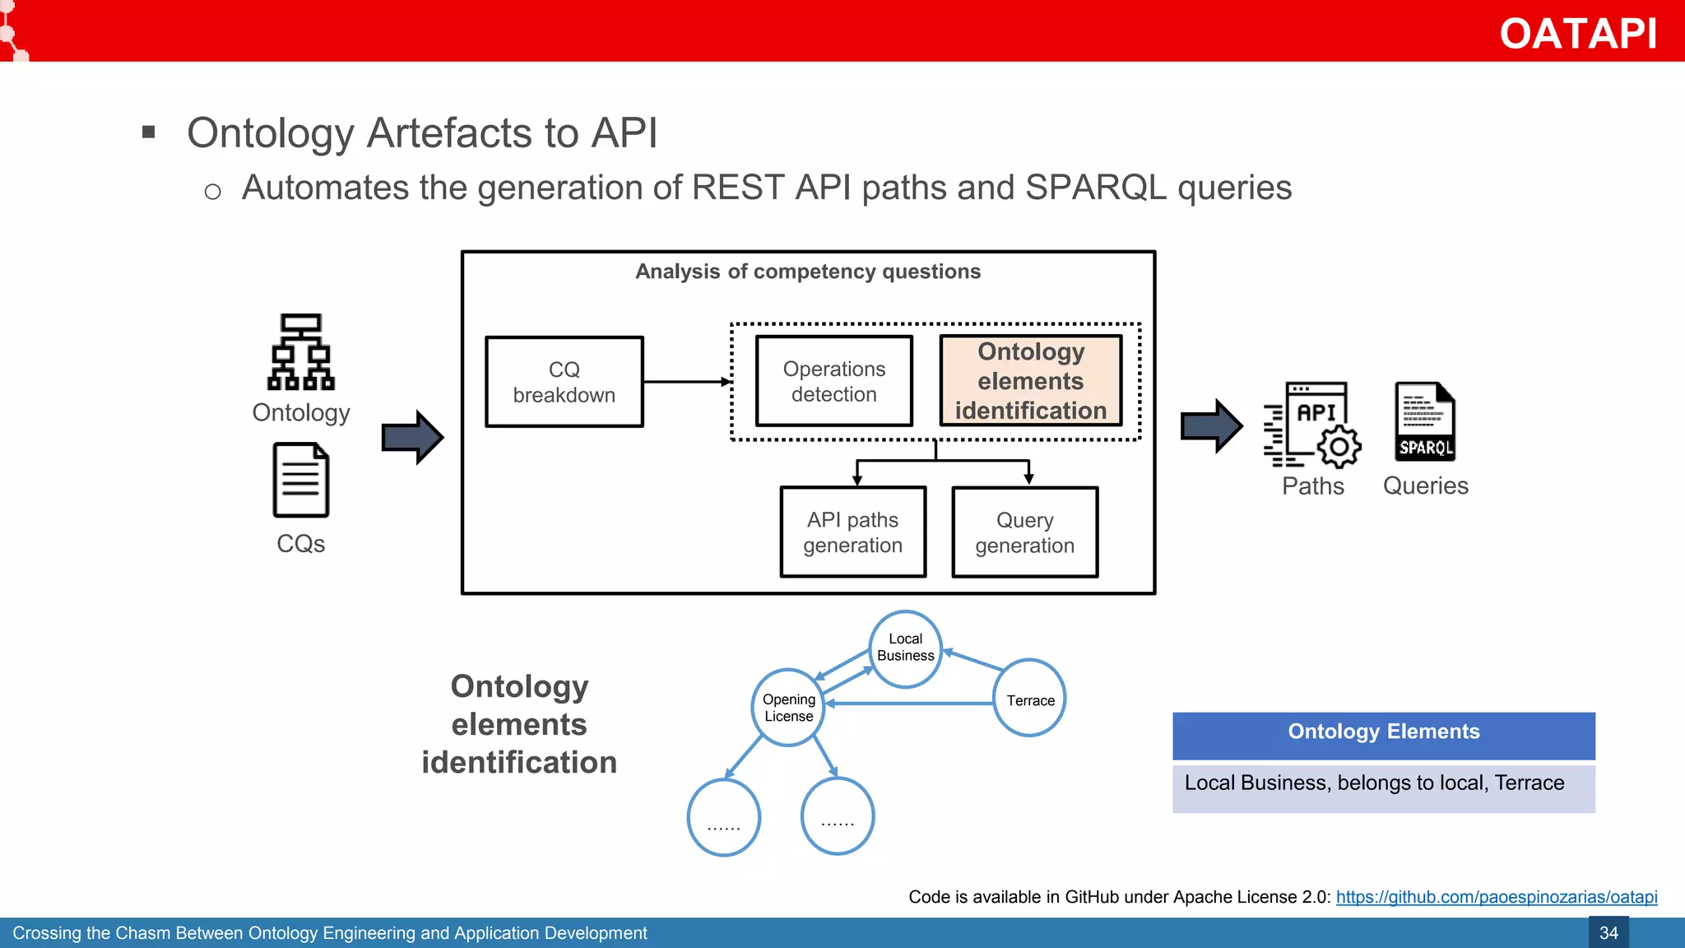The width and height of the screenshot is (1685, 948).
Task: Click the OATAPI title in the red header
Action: coord(1577,34)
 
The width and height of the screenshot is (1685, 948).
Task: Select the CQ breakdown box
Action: coord(564,382)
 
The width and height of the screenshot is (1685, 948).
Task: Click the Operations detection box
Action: coord(833,381)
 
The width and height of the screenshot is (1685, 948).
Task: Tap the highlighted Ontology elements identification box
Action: coord(1030,381)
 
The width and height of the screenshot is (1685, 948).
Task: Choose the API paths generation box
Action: coord(852,532)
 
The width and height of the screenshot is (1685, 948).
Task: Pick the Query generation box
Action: coord(1024,532)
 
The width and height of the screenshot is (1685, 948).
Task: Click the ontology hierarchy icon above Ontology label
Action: coord(301,351)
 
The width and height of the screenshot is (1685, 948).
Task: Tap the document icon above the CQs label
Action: coord(301,480)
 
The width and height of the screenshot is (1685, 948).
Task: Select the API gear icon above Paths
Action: coord(1312,425)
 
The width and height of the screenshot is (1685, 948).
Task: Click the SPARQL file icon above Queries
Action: coord(1425,421)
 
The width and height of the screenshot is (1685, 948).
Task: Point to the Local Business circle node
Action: coord(905,648)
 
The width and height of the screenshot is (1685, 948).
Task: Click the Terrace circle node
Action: coord(1029,699)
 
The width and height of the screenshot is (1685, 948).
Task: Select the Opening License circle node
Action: coord(788,708)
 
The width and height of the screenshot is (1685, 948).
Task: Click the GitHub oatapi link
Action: coord(1496,897)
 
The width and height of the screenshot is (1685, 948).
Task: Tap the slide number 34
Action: coord(1608,933)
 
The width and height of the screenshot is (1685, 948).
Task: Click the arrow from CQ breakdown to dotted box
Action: coord(686,382)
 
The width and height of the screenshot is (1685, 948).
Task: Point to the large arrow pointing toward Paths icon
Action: coord(1211,426)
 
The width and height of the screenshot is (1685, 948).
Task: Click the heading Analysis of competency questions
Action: coord(808,272)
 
